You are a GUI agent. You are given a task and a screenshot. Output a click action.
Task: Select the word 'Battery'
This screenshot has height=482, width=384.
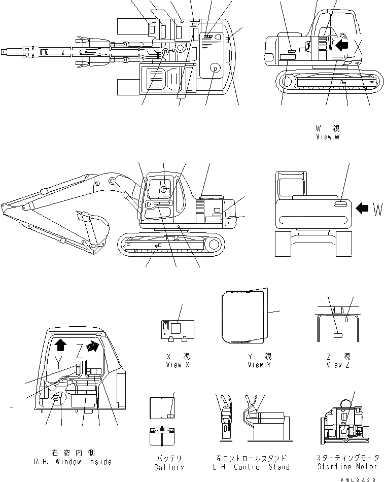tap(169, 467)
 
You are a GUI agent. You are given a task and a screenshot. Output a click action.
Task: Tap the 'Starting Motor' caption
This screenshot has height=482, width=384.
tap(347, 466)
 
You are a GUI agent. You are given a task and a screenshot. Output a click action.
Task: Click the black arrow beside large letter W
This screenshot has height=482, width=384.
tap(362, 208)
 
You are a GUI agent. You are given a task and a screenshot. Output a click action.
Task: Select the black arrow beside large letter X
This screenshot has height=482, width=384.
tap(342, 45)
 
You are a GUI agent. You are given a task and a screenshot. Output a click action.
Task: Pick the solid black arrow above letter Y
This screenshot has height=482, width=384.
tap(60, 345)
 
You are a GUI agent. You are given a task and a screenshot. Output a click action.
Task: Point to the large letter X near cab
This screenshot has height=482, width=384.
tap(359, 47)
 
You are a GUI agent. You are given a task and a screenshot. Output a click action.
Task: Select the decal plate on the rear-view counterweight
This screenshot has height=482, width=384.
tap(341, 203)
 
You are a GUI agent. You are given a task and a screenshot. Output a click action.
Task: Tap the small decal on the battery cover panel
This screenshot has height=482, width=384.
tap(171, 415)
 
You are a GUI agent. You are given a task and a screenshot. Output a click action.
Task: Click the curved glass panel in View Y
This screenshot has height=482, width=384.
tap(243, 316)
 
